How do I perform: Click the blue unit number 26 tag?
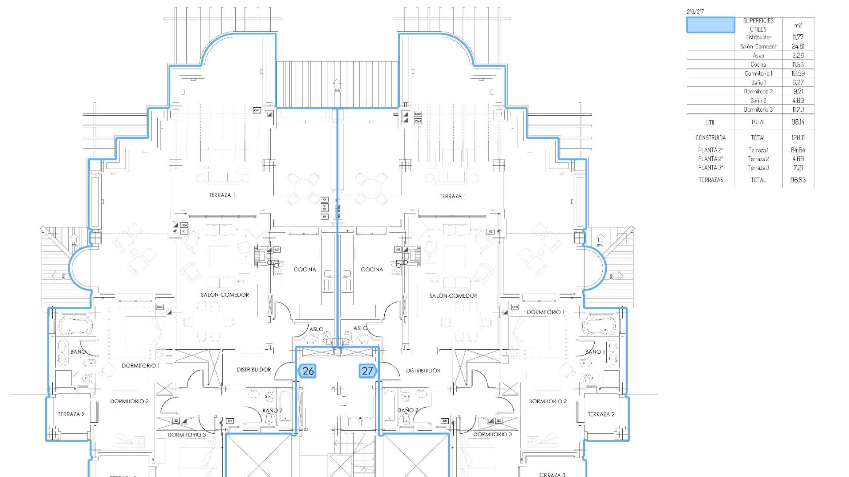(x=307, y=371)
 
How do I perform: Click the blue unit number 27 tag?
(x=367, y=371)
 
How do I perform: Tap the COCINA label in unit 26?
(x=305, y=269)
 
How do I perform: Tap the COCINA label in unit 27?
(x=372, y=269)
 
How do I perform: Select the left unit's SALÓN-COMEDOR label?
(x=225, y=295)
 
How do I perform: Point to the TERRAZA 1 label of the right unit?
(x=453, y=197)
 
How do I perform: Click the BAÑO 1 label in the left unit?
(x=80, y=352)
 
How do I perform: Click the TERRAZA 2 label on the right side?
(x=601, y=414)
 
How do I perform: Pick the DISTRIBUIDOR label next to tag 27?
(x=423, y=371)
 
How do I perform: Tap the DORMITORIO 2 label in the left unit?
(x=129, y=401)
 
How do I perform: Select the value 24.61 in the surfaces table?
(x=798, y=46)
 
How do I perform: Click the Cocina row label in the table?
(x=758, y=64)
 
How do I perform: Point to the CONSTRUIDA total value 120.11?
(x=798, y=138)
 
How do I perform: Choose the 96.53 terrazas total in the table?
(x=798, y=180)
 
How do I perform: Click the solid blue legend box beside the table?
(x=711, y=25)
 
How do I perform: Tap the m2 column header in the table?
(x=798, y=25)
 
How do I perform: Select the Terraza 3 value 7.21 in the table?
(x=798, y=168)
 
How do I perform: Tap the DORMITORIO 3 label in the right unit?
(x=492, y=435)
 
